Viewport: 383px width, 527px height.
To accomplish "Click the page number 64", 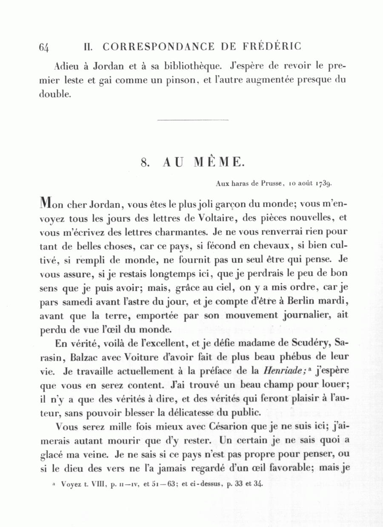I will pos(44,47).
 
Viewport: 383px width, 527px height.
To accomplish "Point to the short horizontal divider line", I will pos(193,120).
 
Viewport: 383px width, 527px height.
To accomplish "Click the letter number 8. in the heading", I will pos(145,162).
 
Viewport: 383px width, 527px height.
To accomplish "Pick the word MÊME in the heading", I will pos(219,162).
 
